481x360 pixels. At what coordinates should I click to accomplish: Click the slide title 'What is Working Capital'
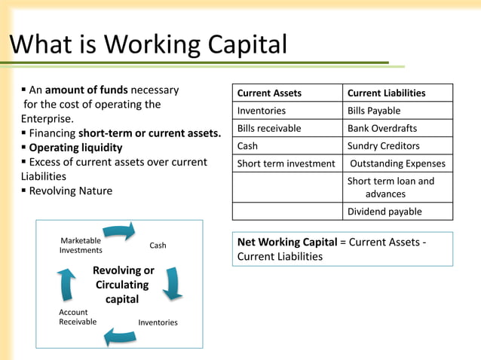point(148,44)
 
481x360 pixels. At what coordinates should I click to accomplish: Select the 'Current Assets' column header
point(269,93)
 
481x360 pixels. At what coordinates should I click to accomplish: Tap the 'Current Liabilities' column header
point(386,93)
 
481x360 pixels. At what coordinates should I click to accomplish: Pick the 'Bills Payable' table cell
point(374,111)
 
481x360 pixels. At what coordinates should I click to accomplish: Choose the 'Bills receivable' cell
point(269,128)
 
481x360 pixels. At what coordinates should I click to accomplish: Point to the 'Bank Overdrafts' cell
point(381,128)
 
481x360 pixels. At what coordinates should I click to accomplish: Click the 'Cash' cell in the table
point(247,145)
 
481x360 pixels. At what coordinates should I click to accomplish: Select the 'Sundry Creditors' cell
point(383,145)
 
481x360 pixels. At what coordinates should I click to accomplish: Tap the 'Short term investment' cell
point(286,163)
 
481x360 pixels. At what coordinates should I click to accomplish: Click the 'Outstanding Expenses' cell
point(397,163)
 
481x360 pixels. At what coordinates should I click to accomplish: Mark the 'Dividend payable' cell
point(384,212)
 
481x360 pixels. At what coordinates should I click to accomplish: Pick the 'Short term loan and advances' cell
point(391,187)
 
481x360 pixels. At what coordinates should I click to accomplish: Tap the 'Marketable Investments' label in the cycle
point(81,246)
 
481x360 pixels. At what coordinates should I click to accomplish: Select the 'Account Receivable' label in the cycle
point(78,317)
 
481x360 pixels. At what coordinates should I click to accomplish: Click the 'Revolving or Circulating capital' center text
point(122,285)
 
